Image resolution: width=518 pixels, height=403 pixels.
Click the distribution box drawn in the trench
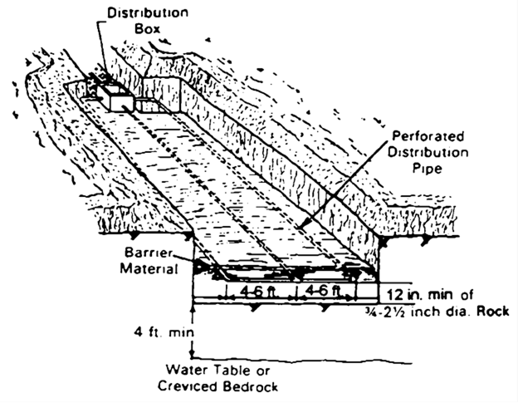pos(116,96)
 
